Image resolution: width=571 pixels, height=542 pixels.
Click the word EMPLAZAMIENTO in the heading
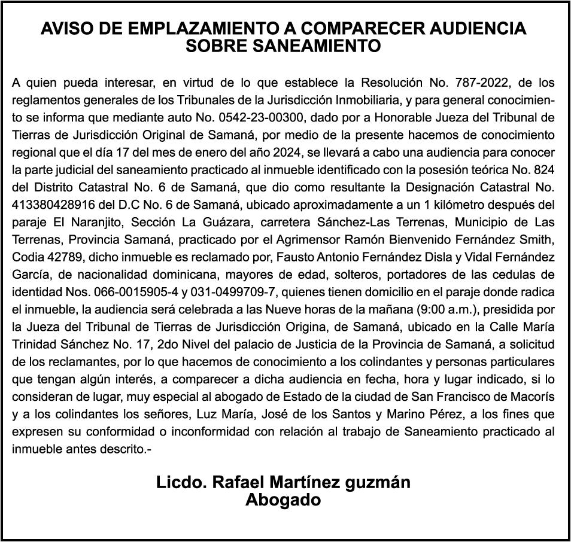(171, 28)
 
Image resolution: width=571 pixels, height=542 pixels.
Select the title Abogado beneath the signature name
(283, 500)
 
